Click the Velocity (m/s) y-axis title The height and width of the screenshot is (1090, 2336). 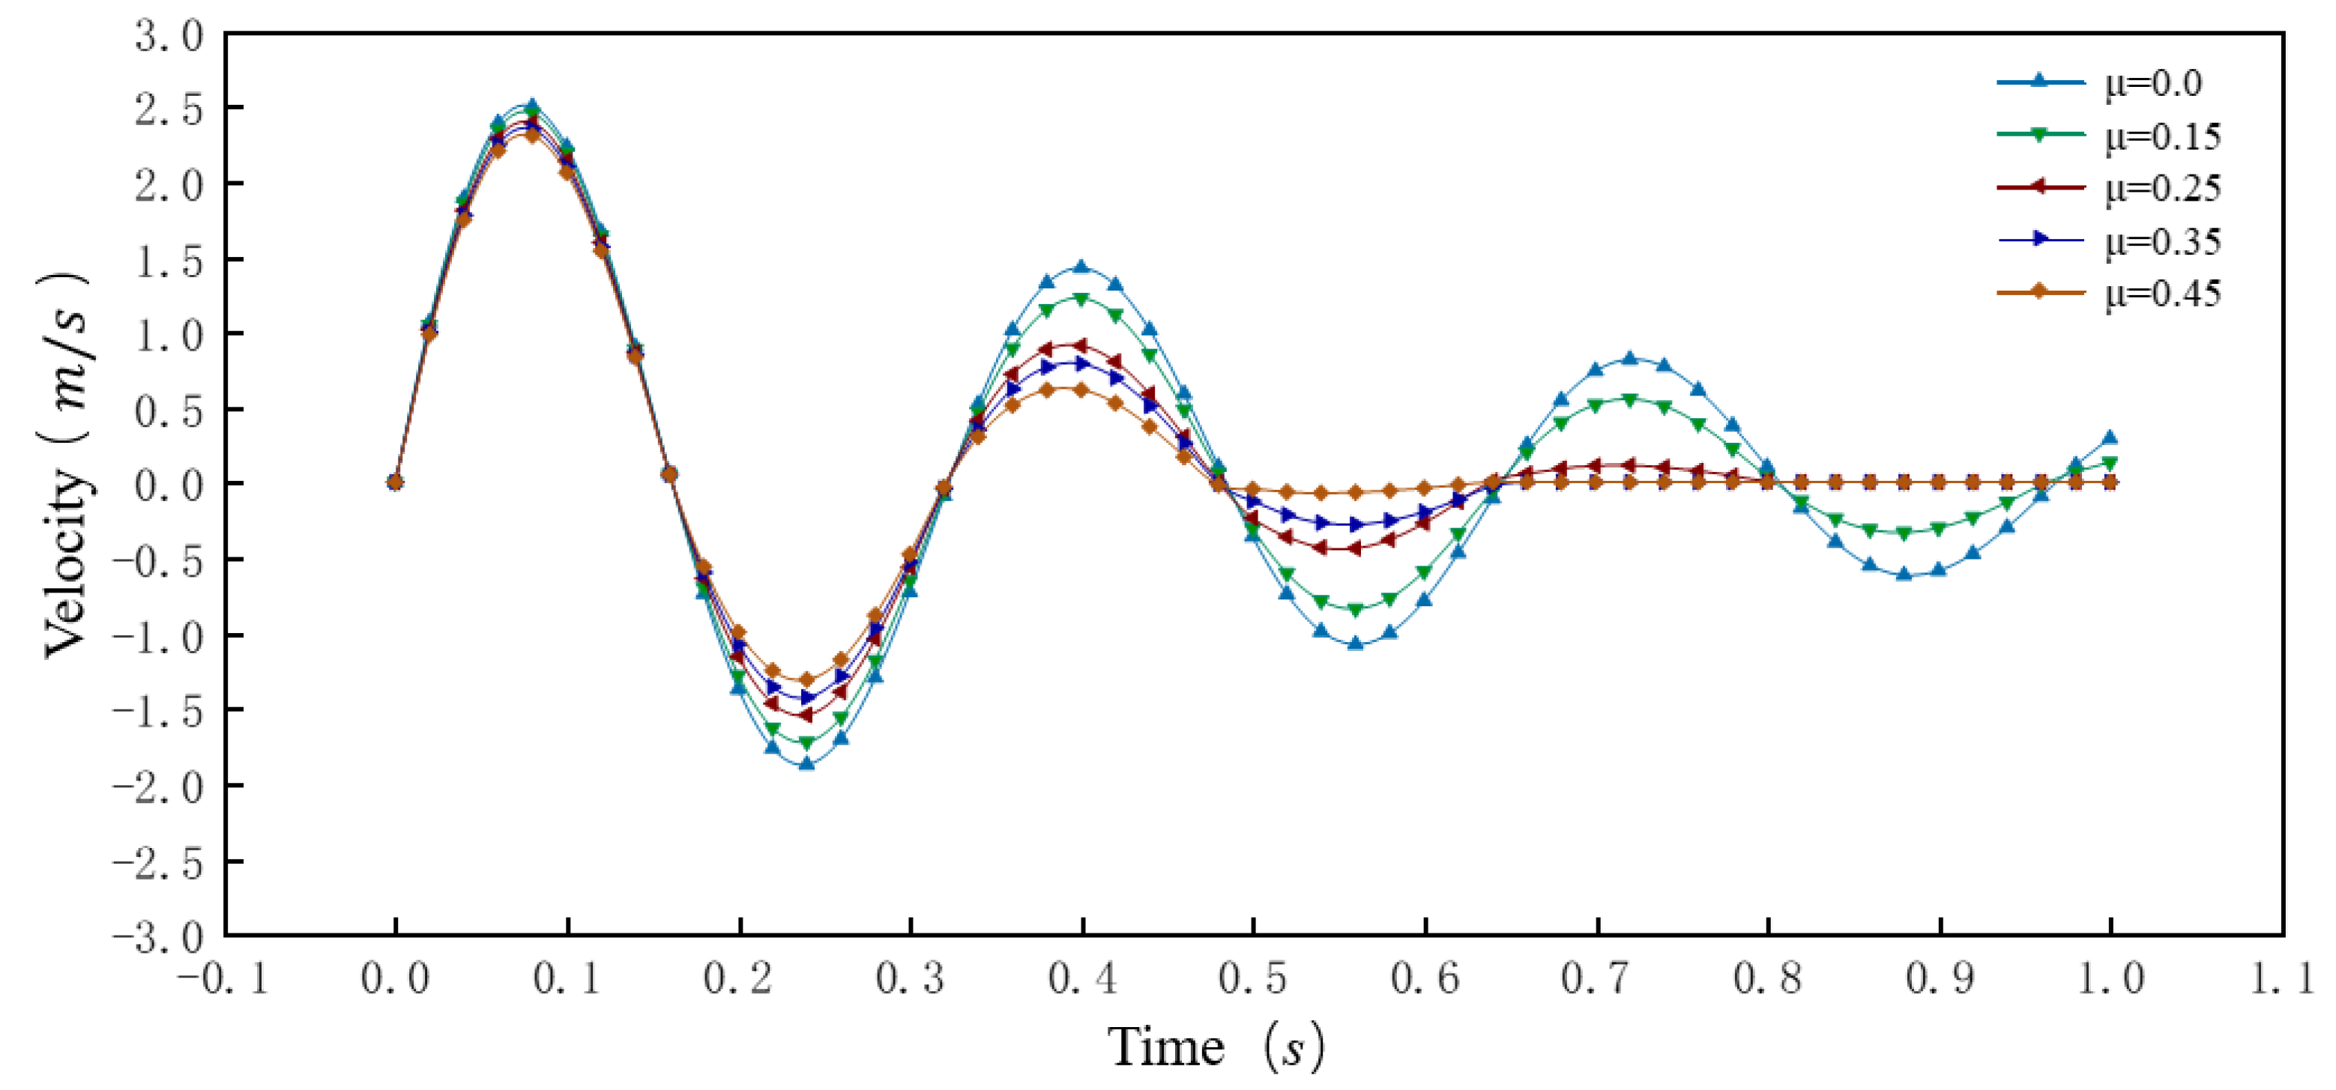click(x=68, y=462)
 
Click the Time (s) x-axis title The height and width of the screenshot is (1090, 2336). click(x=1215, y=1047)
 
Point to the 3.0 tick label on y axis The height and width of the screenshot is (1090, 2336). click(x=169, y=36)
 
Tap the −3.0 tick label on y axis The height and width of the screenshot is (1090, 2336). click(x=159, y=936)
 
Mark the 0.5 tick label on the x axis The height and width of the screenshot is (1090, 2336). click(x=1253, y=979)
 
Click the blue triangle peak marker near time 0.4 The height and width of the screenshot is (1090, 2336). click(x=1081, y=267)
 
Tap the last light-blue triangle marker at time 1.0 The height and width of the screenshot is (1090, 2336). click(x=2110, y=437)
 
